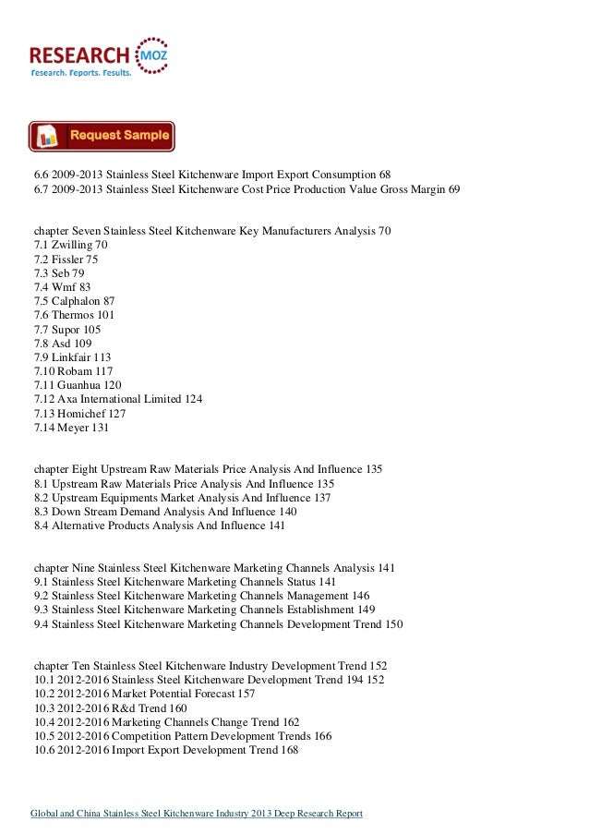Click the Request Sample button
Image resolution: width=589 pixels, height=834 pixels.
[x=102, y=136]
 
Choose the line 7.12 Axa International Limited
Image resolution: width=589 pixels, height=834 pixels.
[x=118, y=398]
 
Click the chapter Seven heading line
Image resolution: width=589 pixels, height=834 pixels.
[x=211, y=231]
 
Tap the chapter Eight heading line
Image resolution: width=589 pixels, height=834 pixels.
[x=208, y=469]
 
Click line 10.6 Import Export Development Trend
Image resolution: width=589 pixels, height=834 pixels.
[x=166, y=750]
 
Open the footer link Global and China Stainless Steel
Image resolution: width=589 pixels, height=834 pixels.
[x=198, y=813]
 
